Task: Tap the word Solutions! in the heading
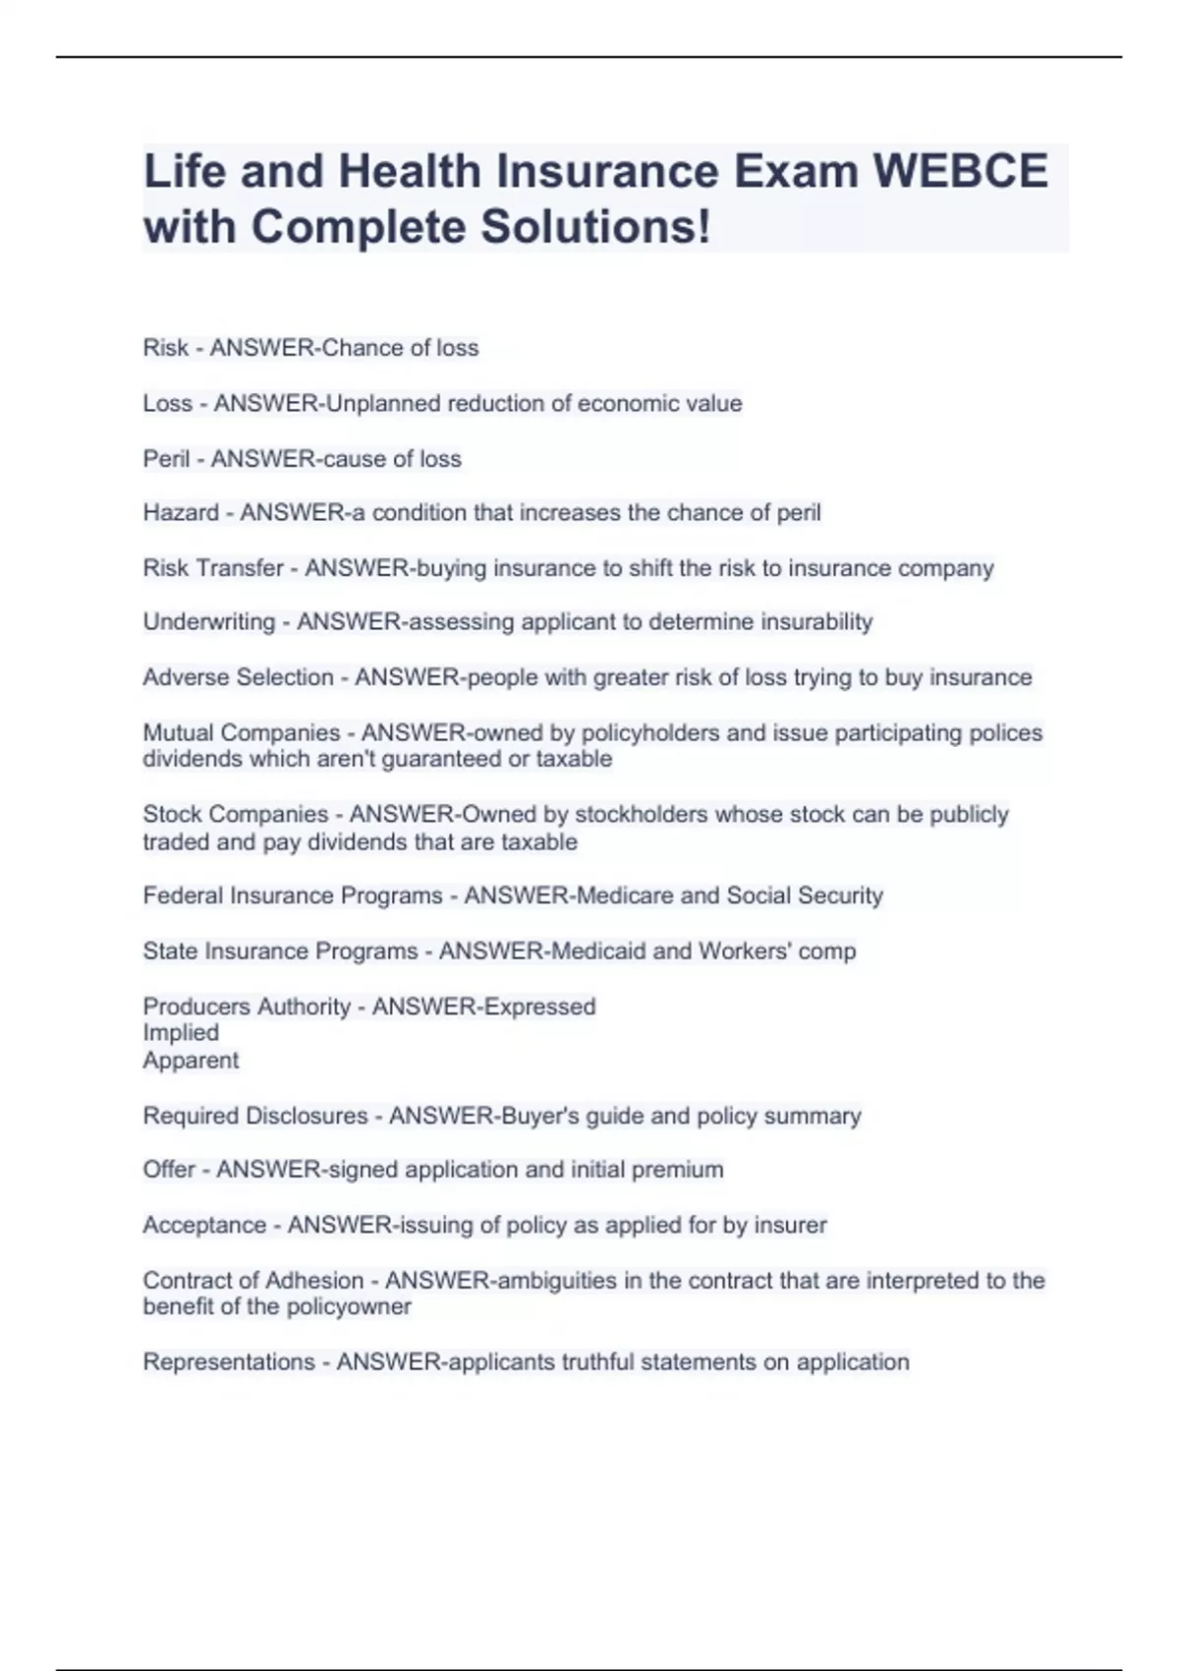[594, 227]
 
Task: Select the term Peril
[166, 459]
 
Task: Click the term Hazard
[181, 513]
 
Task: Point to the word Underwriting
[208, 622]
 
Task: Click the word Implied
[181, 1033]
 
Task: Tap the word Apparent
[191, 1061]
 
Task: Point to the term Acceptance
[204, 1225]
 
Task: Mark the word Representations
[229, 1362]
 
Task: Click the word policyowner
[357, 1307]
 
